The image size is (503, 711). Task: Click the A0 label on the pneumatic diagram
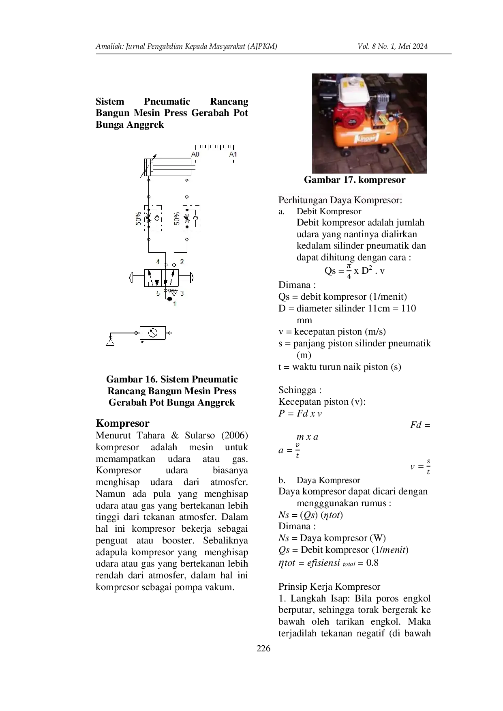click(x=195, y=154)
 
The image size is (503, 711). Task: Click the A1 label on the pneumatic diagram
click(x=233, y=154)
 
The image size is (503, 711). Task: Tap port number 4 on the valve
click(x=158, y=262)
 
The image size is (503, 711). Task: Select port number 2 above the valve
click(x=182, y=262)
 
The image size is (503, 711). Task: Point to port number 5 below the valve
click(x=158, y=293)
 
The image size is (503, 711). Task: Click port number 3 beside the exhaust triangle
click(x=182, y=293)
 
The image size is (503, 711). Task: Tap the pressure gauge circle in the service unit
click(x=152, y=333)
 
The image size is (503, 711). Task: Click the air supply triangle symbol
click(x=110, y=342)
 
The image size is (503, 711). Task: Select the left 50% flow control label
click(x=139, y=218)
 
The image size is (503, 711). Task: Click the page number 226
click(x=263, y=649)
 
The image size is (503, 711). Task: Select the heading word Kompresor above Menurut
click(x=122, y=423)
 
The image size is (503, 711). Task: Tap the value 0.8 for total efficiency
click(x=372, y=563)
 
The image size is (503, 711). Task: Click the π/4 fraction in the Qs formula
click(x=349, y=271)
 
